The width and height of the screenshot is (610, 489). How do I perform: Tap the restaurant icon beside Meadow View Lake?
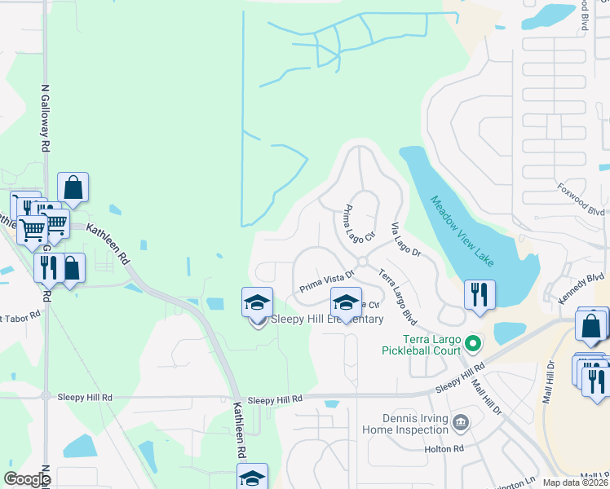[x=480, y=294]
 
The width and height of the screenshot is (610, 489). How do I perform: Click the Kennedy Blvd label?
[x=584, y=289]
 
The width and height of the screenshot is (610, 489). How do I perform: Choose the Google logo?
[x=27, y=479]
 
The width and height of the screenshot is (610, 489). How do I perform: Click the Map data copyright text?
[x=576, y=482]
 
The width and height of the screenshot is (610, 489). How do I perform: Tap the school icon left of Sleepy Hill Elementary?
[x=258, y=303]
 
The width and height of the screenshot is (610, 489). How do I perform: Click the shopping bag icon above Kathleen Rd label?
[x=73, y=187]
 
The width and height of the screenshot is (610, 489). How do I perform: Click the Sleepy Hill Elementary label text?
[x=327, y=319]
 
